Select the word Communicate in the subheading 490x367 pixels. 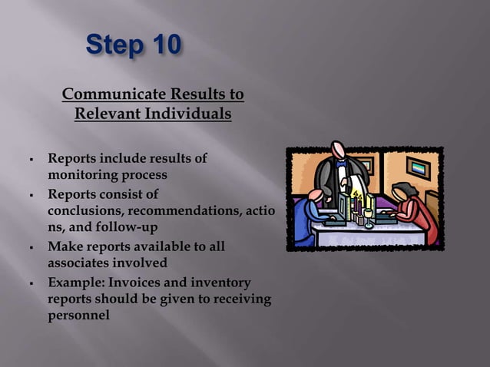(114, 94)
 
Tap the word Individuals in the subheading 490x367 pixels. (190, 114)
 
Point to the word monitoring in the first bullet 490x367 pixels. (84, 174)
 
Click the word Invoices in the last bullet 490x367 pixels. (135, 281)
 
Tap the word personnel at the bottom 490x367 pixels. (79, 316)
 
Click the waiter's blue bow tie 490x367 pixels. (341, 164)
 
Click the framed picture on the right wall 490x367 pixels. (418, 167)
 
